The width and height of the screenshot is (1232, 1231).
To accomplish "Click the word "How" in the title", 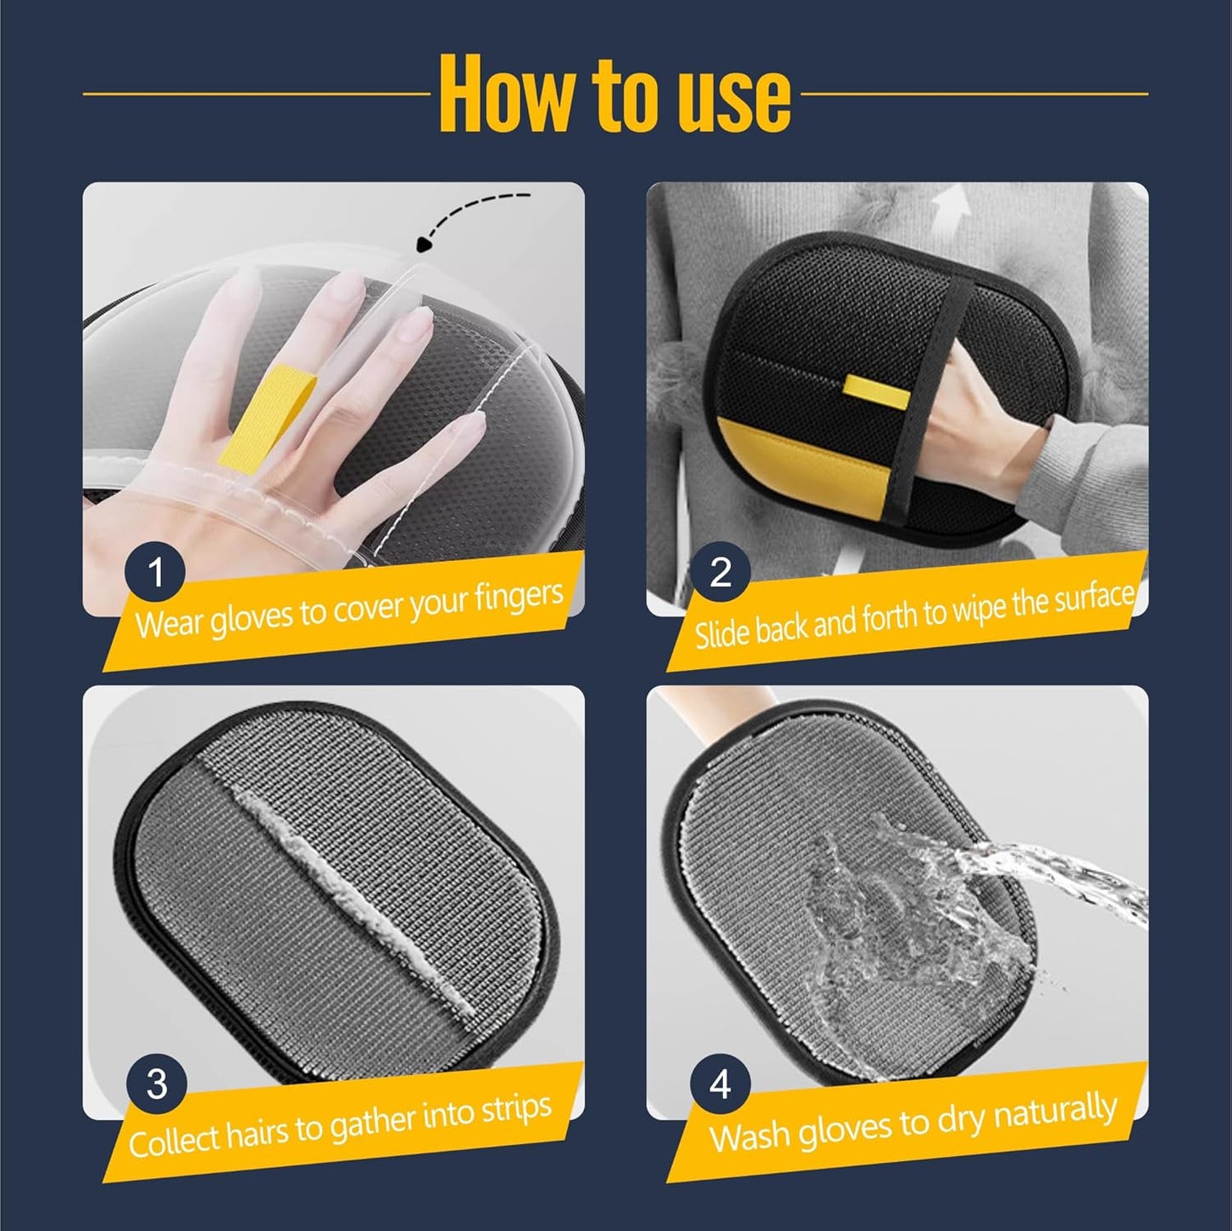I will pyautogui.click(x=506, y=95).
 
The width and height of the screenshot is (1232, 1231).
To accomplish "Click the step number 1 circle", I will pyautogui.click(x=155, y=572).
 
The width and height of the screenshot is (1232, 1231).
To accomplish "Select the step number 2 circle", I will pyautogui.click(x=720, y=572).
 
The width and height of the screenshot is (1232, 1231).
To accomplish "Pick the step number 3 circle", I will pyautogui.click(x=157, y=1084).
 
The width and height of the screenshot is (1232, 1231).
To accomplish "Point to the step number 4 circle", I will pyautogui.click(x=720, y=1084).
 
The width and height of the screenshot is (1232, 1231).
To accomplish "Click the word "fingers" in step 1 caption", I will pyautogui.click(x=520, y=596).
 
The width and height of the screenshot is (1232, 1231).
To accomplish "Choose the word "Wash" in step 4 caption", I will pyautogui.click(x=748, y=1136).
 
